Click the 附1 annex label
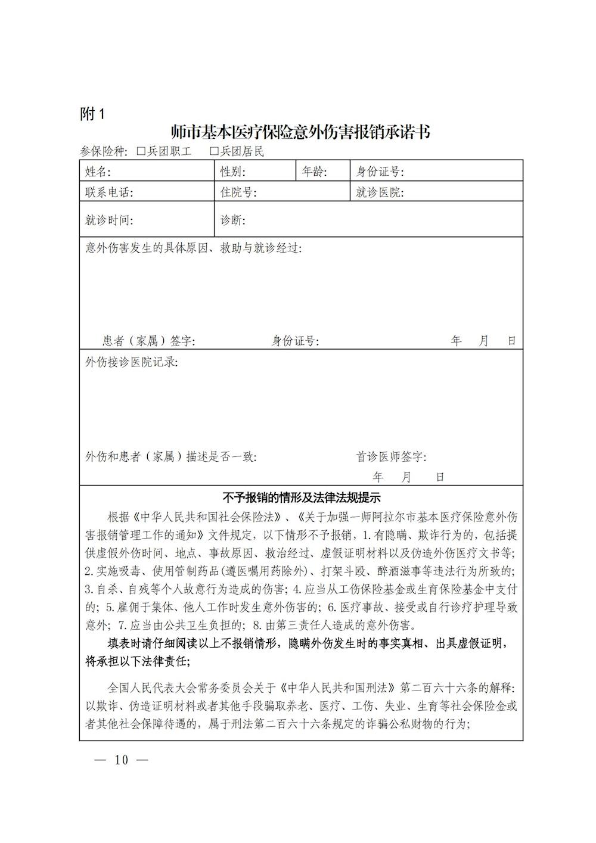92,114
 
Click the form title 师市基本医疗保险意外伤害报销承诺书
300,132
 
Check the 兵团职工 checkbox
141,152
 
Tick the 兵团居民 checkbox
214,152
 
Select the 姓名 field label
98,172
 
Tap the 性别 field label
233,172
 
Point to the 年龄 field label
314,172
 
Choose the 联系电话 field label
110,192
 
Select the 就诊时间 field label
110,220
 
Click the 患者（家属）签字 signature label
149,341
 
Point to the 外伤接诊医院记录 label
131,362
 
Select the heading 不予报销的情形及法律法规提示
301,497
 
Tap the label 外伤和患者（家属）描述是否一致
171,457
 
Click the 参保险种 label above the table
104,152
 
